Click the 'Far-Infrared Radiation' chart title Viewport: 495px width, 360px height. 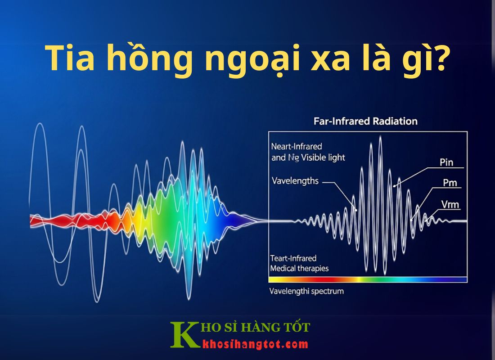(x=365, y=121)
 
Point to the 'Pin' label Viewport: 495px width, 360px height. (x=446, y=162)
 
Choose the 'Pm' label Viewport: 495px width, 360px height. (x=450, y=183)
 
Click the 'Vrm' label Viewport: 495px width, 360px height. (x=450, y=204)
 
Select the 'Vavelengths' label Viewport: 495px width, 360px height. (x=295, y=181)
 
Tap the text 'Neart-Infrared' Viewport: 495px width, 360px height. (x=297, y=147)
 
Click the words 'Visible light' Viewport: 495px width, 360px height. (x=323, y=157)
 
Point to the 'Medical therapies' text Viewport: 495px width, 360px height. (x=299, y=268)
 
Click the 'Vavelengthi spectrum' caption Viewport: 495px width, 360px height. (x=306, y=291)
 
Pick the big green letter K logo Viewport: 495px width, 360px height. (x=184, y=335)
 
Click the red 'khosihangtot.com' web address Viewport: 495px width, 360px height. (x=255, y=344)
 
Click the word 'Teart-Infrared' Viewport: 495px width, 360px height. (x=293, y=258)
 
